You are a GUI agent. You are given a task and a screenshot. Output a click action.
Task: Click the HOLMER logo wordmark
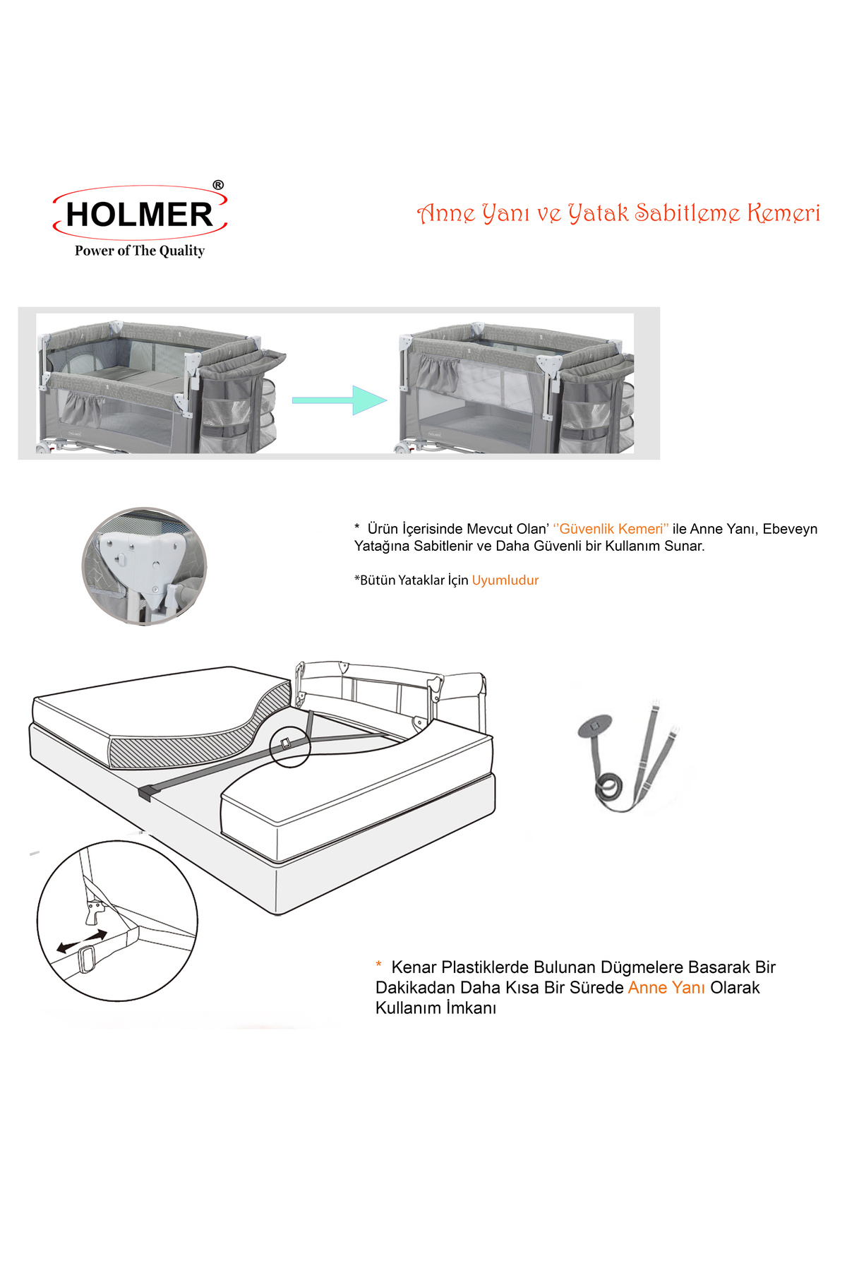[139, 215]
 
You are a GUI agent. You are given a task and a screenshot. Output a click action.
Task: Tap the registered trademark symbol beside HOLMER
[218, 185]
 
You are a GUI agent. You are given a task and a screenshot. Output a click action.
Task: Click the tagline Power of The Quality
[140, 251]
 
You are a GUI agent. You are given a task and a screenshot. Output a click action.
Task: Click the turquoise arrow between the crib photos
[340, 400]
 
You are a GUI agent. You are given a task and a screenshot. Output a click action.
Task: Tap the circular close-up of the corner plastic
[145, 566]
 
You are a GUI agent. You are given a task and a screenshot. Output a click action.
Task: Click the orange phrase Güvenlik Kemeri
[611, 529]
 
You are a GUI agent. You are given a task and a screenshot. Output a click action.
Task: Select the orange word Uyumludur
[505, 580]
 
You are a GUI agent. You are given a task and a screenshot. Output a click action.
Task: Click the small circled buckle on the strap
[290, 746]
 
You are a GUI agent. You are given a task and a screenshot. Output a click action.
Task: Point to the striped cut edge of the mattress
[205, 734]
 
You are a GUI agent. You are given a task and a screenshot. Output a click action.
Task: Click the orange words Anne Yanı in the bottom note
[666, 988]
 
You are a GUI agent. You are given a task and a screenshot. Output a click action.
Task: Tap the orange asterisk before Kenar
[379, 965]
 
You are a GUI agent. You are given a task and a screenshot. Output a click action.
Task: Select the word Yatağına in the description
[382, 547]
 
